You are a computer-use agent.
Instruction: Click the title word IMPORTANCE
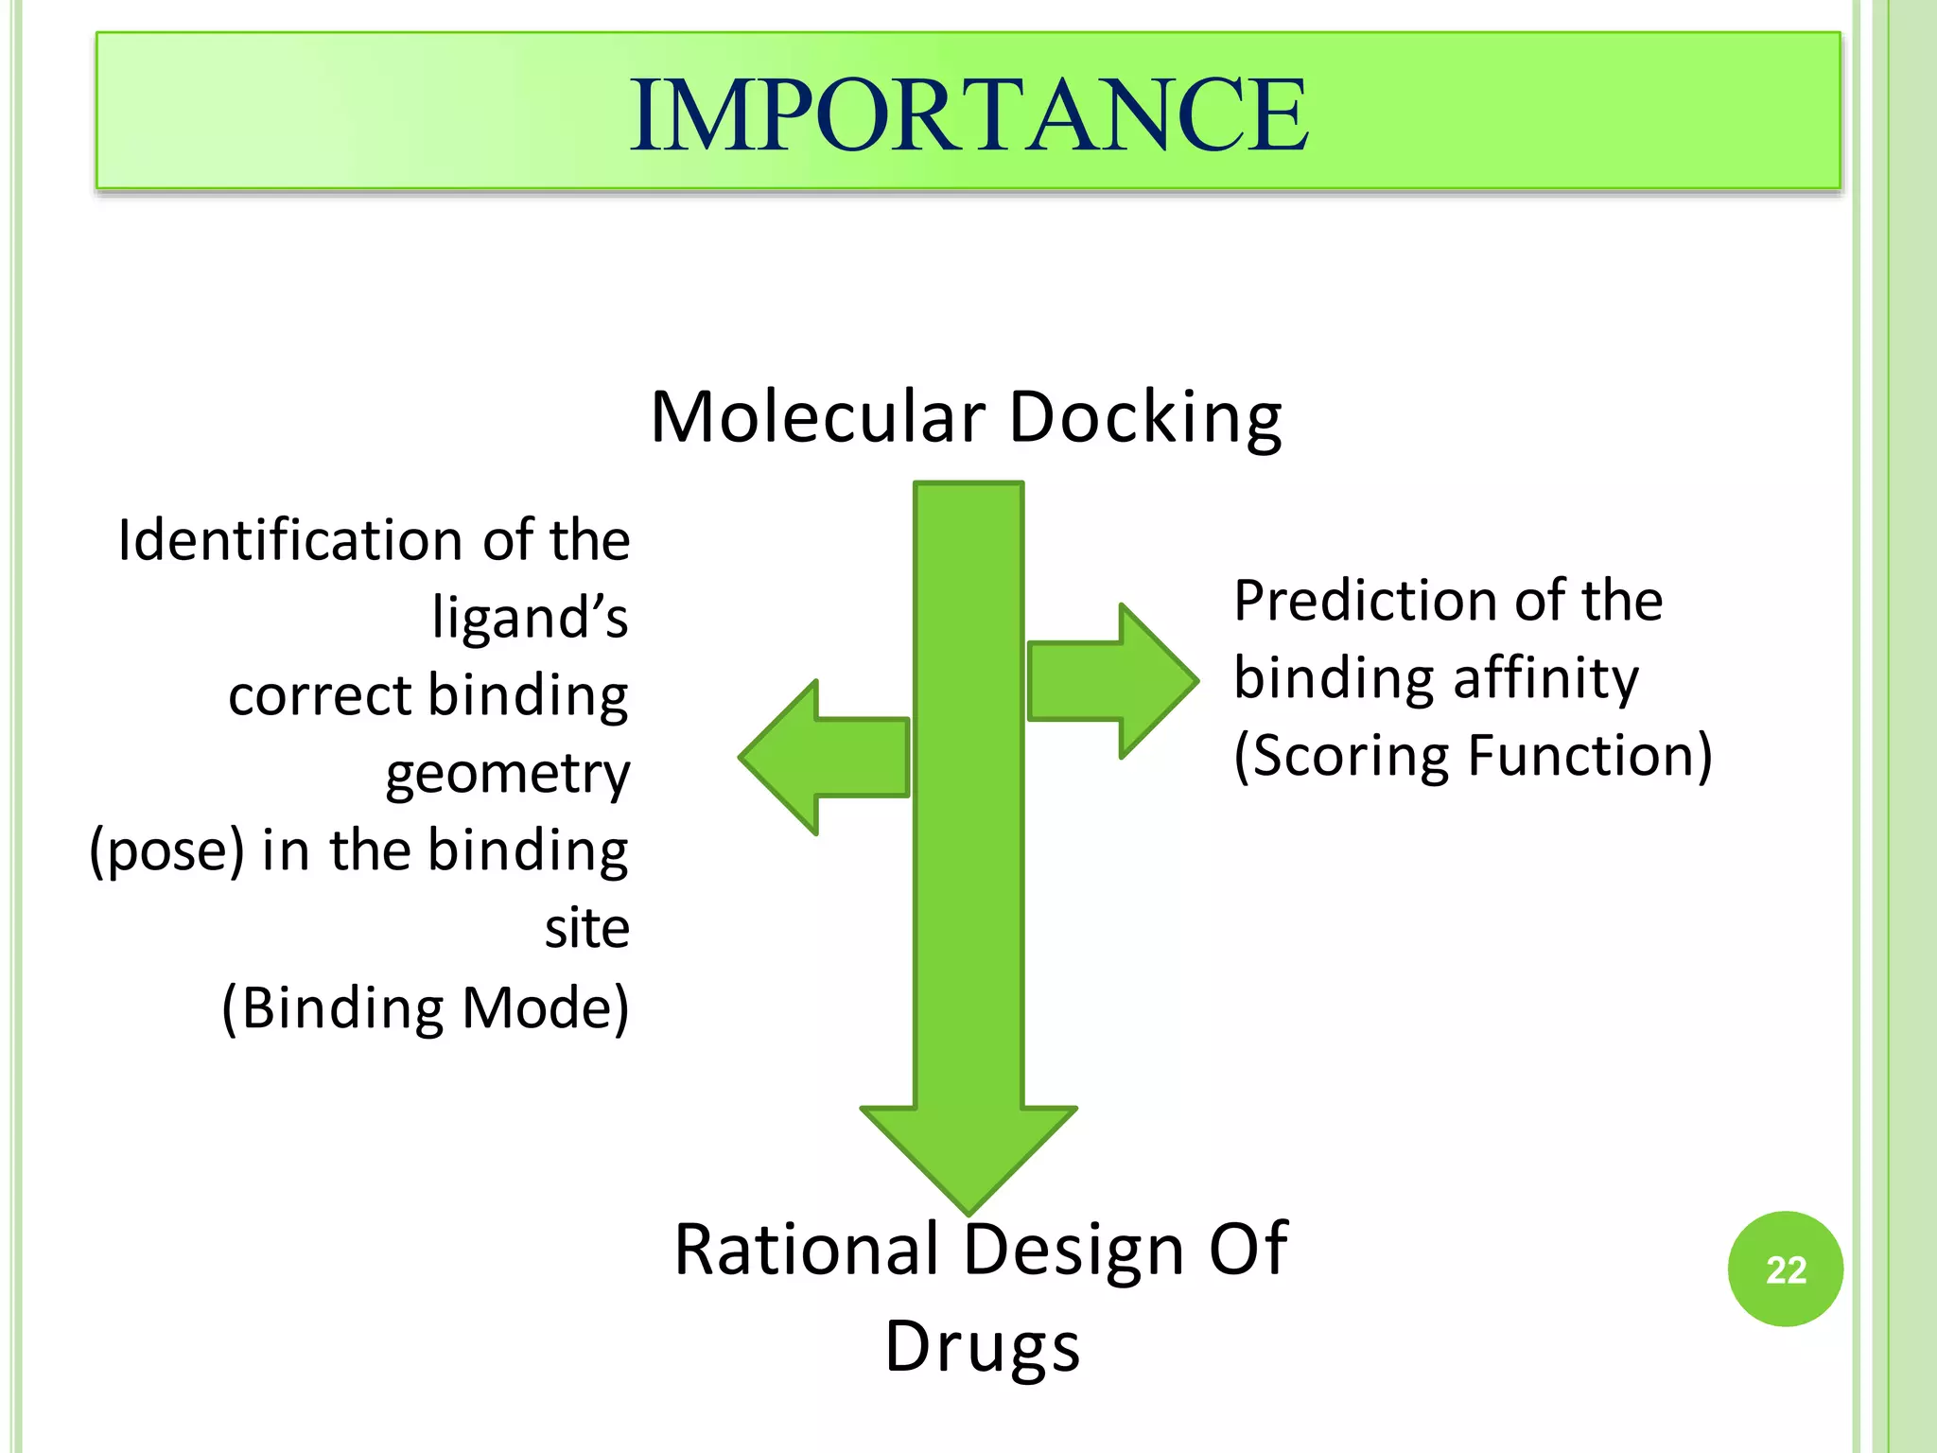968,114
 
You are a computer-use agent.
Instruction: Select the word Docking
1145,418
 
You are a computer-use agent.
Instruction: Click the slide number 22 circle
1785,1269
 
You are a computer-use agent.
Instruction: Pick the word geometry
507,776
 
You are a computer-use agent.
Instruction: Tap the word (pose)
167,850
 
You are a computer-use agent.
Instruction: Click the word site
586,929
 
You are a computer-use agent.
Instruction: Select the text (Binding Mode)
425,1008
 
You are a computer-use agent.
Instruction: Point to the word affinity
1545,679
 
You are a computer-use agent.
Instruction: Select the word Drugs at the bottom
982,1346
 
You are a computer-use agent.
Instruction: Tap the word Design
1073,1252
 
